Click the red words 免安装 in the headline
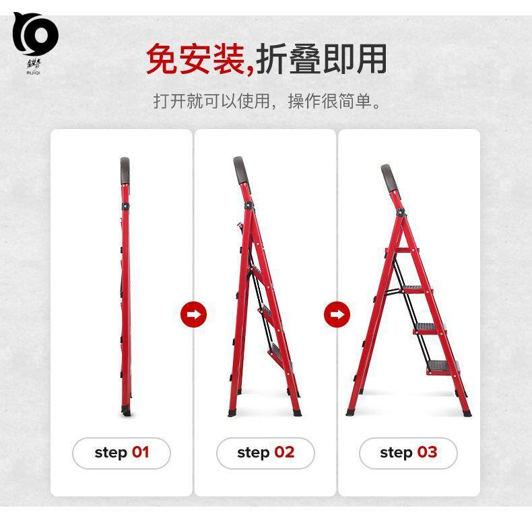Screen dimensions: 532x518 (x=197, y=59)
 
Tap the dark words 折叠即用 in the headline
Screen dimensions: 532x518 (x=321, y=59)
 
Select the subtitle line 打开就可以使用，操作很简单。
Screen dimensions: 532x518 (x=267, y=101)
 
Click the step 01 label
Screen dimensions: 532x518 (x=121, y=453)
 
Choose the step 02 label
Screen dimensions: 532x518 (x=265, y=453)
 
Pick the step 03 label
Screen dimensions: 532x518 (x=409, y=453)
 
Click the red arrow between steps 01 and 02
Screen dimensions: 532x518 (x=193, y=314)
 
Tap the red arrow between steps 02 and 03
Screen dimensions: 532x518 (x=337, y=314)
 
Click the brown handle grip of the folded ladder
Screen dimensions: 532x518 (x=125, y=170)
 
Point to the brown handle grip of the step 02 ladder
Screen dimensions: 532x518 (x=241, y=170)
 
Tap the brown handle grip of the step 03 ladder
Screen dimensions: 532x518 (x=389, y=178)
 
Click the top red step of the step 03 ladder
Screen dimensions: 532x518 (x=403, y=250)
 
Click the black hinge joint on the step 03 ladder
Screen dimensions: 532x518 (x=401, y=213)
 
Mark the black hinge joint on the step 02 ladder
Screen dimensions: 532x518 (x=248, y=205)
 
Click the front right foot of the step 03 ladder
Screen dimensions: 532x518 (x=467, y=413)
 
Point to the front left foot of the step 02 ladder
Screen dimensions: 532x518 (x=233, y=413)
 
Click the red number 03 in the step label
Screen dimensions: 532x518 (x=427, y=452)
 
